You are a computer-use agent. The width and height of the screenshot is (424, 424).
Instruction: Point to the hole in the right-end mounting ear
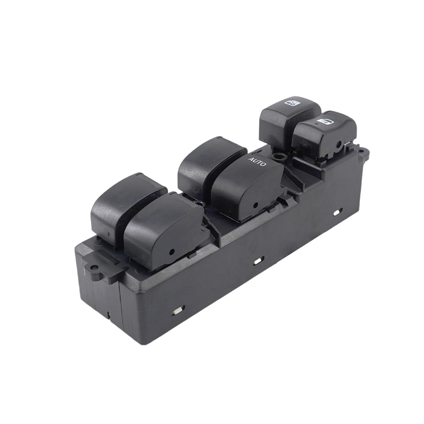(x=363, y=150)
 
